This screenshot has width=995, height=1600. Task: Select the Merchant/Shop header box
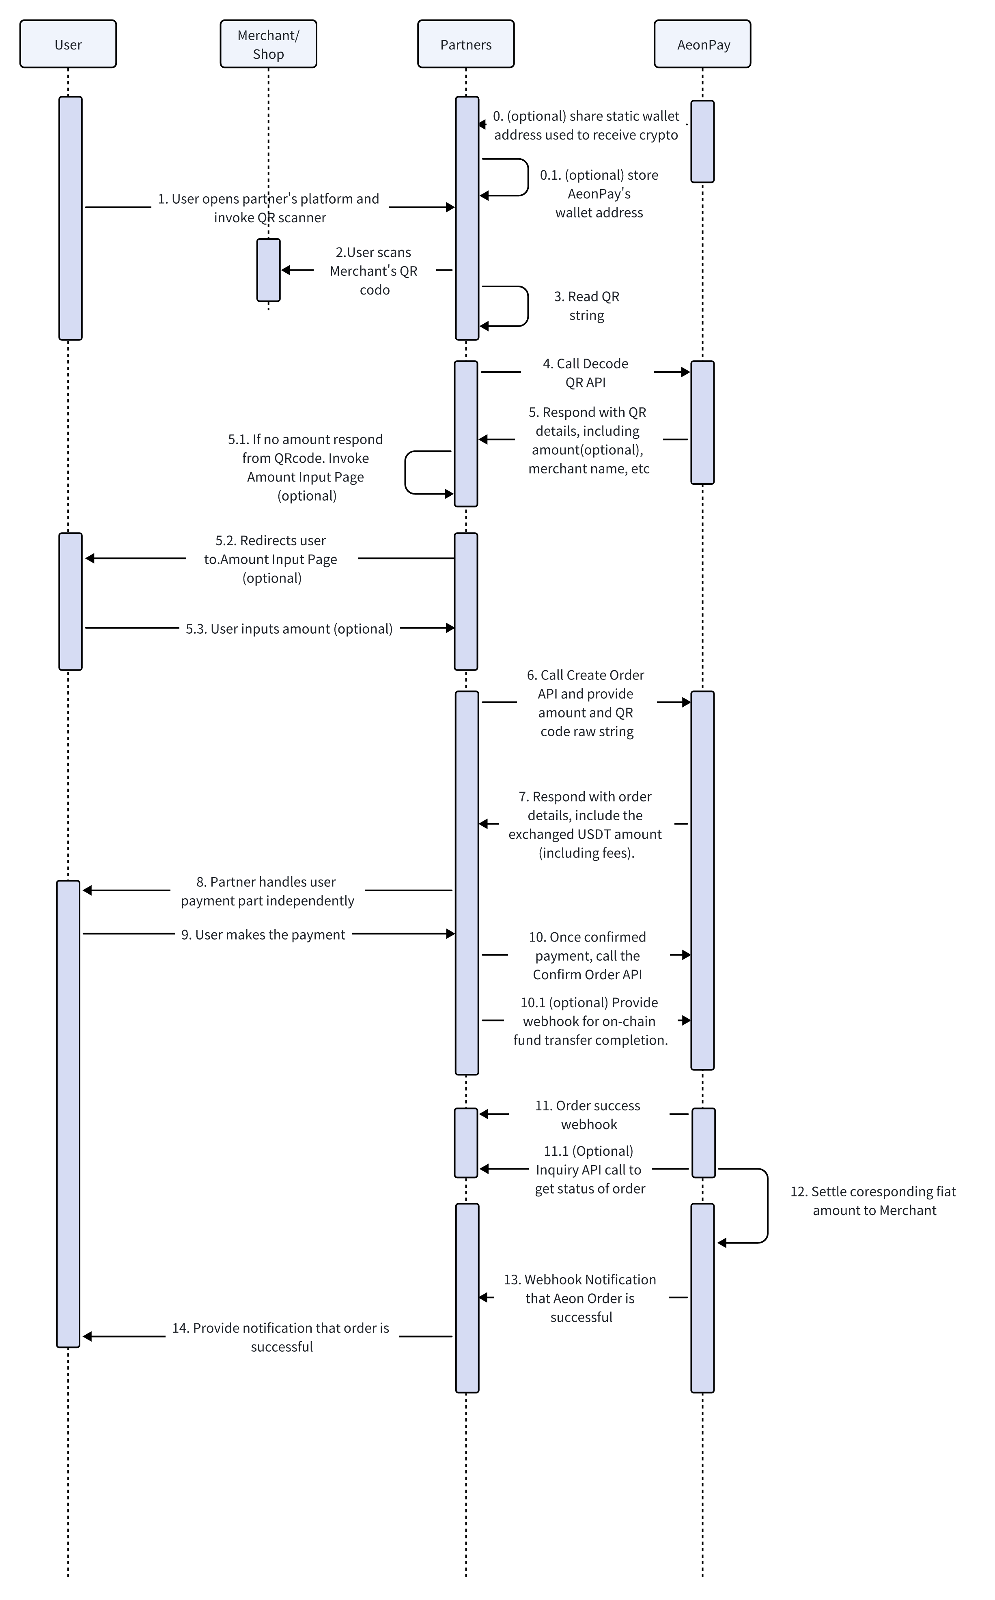269,44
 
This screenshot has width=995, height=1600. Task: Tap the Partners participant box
466,44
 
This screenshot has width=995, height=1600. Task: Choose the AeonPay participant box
703,44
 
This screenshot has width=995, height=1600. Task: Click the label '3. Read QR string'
586,306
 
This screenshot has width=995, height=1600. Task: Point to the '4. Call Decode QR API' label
586,373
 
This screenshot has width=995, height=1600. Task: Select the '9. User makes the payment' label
263,935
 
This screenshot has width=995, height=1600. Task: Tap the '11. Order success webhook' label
588,1115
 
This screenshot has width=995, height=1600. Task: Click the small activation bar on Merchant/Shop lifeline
269,271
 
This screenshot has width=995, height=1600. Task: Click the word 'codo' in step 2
375,290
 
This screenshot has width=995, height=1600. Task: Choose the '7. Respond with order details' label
585,825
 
